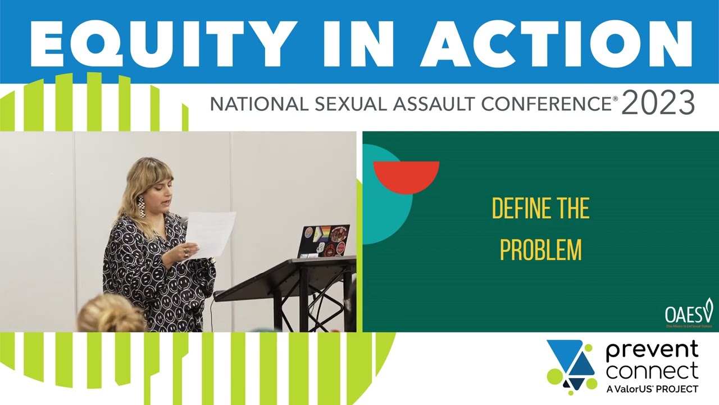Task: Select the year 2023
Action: click(x=658, y=103)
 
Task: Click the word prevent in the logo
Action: click(x=652, y=352)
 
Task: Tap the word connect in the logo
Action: click(x=652, y=371)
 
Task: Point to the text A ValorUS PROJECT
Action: click(x=652, y=389)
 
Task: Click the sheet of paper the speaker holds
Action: click(x=210, y=233)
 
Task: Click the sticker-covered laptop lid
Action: click(x=324, y=241)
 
